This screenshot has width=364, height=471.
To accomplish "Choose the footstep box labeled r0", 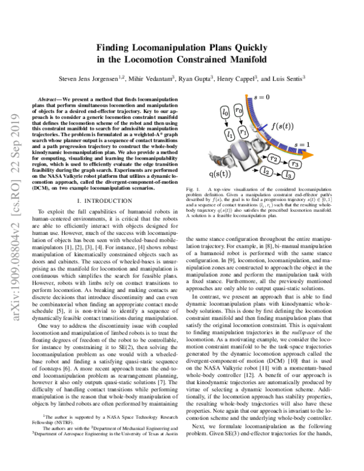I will pyautogui.click(x=240, y=110).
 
